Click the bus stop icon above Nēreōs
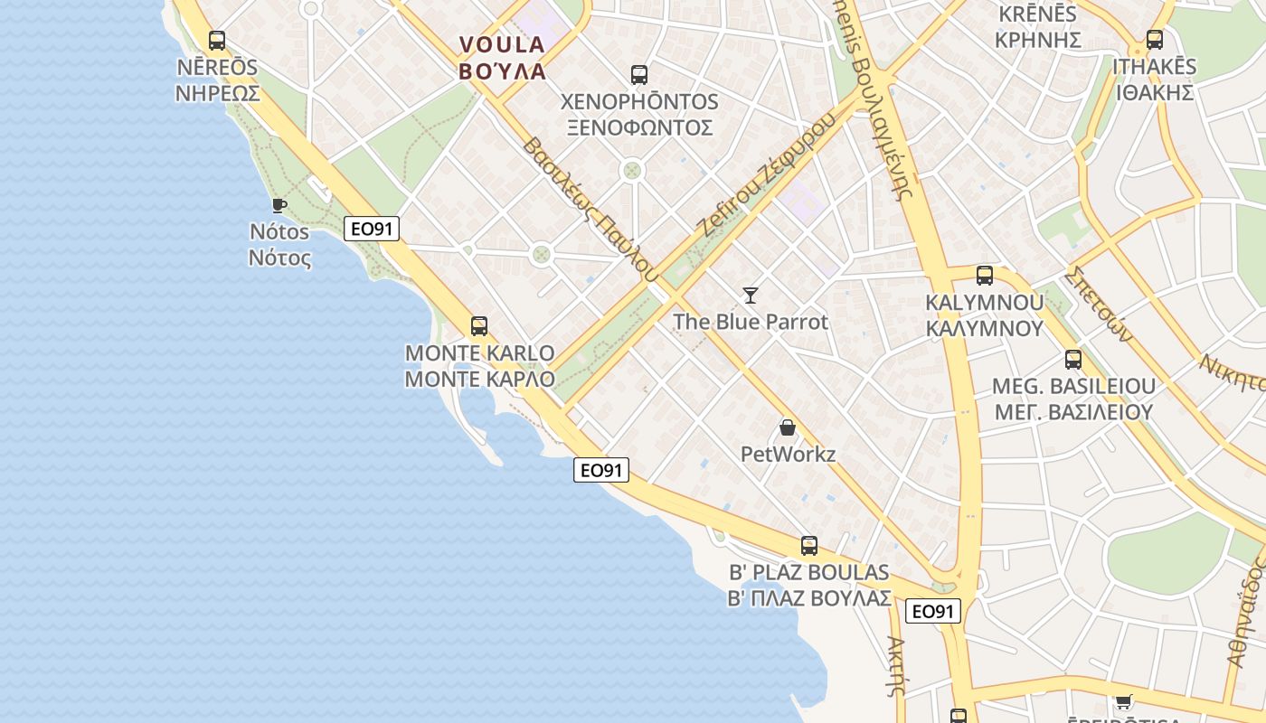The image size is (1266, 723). point(217,41)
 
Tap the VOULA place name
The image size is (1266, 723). point(502,44)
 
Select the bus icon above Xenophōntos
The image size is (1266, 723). point(639,75)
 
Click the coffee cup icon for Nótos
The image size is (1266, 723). point(279,206)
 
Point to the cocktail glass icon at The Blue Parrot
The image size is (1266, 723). point(751,295)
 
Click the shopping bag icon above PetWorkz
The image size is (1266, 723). point(788,427)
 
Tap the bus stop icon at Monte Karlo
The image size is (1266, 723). point(479,326)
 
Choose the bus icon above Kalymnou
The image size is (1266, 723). point(985,276)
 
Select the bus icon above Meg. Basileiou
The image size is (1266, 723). point(1073,360)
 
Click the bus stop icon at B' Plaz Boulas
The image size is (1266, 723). point(809,546)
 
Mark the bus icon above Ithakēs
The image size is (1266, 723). point(1155,40)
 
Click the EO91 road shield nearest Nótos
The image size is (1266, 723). point(372,229)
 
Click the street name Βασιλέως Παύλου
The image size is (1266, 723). point(588,207)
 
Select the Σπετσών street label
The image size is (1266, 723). point(1098,303)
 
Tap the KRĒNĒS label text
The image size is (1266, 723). point(1037,14)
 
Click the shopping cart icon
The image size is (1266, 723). point(1123,701)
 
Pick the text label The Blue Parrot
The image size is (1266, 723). point(751,322)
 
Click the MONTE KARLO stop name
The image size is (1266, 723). point(479,352)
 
